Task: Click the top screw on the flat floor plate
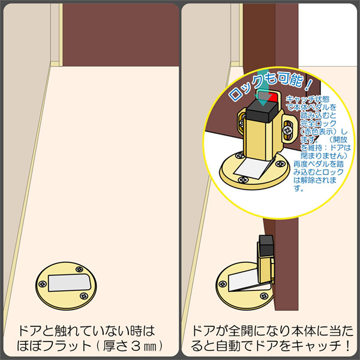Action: point(79,269)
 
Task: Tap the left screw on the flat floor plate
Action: point(42,284)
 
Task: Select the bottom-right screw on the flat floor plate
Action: point(83,296)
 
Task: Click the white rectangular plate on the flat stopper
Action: point(70,283)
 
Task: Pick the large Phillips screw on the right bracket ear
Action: point(287,131)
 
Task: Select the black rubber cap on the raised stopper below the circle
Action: point(266,245)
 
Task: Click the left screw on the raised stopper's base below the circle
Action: point(223,284)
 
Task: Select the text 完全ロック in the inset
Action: point(318,124)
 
